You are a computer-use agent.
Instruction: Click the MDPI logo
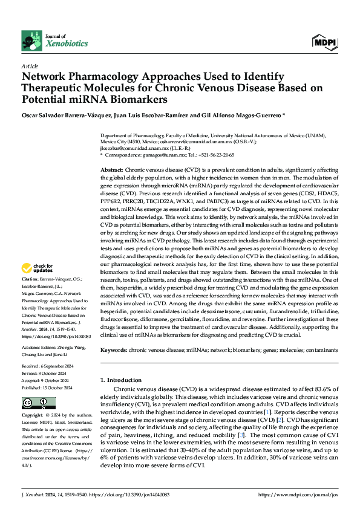[x=325, y=42]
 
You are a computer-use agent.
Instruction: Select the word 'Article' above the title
[x=30, y=66]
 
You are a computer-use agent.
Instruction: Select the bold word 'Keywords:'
[x=114, y=350]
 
